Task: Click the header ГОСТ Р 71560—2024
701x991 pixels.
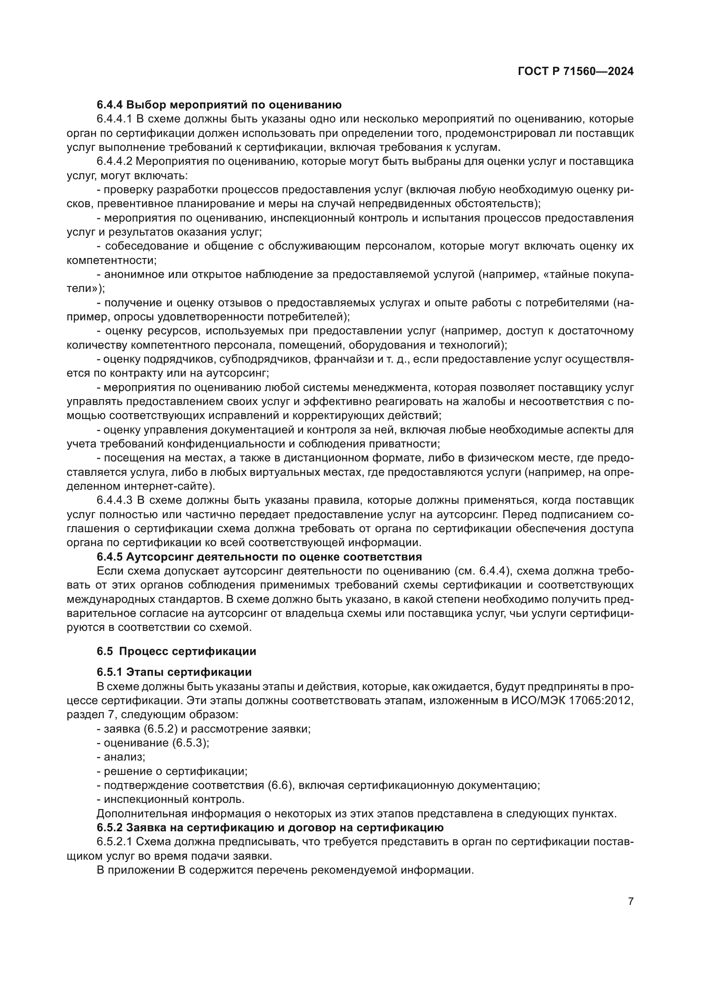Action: point(576,71)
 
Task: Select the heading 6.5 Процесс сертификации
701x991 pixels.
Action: point(176,651)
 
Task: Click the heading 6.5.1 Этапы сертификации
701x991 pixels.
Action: point(174,672)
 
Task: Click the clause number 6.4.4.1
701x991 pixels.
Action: point(114,119)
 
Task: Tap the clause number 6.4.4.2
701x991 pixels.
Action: point(114,161)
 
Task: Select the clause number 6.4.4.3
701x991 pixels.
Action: point(114,500)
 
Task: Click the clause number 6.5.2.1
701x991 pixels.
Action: point(114,842)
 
